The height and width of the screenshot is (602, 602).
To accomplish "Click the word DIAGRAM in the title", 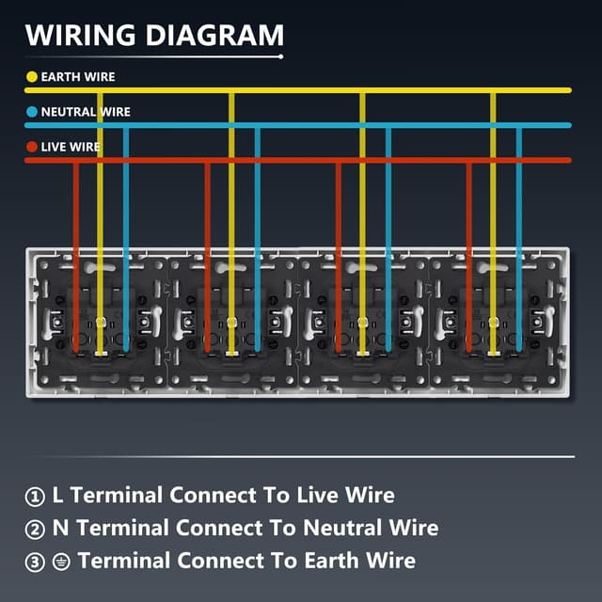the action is pos(215,35).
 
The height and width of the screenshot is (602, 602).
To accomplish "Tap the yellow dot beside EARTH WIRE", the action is pos(32,77).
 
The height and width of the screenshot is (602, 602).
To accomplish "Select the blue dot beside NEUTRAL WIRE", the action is pos(32,112).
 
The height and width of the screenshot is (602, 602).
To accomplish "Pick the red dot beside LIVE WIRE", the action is pos(32,147).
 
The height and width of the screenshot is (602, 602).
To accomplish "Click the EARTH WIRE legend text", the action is pos(78,77).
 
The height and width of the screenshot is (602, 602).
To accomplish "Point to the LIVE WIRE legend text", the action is pos(71,147).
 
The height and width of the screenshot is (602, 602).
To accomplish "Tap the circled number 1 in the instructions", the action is pos(35,497).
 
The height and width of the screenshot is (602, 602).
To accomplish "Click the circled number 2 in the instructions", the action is pos(35,530).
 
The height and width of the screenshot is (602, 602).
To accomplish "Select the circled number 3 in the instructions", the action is pos(35,562).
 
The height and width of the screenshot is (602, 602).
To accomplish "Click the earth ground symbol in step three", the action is pos(61,562).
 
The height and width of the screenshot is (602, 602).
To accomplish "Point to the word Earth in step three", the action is pos(331,561).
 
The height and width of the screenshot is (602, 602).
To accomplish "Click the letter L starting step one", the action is pos(57,495).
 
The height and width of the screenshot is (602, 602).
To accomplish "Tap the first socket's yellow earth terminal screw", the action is pos(101,322).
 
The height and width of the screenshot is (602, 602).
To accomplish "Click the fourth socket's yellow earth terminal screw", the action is pos(493,322).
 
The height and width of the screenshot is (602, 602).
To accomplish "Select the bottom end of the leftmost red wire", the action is pos(76,351).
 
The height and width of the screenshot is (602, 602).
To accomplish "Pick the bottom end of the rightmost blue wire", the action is pos(519,350).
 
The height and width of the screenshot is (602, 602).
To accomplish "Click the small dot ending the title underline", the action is pos(281,56).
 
